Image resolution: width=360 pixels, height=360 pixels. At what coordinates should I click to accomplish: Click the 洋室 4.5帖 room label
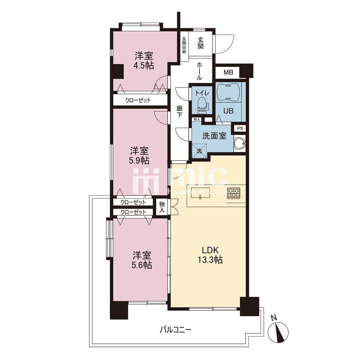click(x=144, y=60)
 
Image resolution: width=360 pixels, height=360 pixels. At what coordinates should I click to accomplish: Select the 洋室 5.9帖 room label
click(x=139, y=156)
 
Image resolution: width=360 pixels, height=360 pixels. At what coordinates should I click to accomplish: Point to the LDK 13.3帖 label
click(x=210, y=255)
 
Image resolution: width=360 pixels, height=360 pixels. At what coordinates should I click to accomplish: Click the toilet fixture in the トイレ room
click(x=202, y=105)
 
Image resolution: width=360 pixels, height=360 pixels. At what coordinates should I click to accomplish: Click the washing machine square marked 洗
click(x=199, y=151)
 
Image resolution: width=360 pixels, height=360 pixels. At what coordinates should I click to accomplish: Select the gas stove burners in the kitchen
click(x=234, y=193)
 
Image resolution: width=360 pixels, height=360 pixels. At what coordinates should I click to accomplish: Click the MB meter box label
click(x=228, y=73)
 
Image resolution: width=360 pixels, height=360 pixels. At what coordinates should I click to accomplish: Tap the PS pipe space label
click(x=240, y=129)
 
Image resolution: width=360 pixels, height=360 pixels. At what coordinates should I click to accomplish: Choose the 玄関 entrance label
click(x=200, y=43)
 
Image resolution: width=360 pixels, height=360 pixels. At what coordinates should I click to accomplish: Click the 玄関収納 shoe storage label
click(x=184, y=45)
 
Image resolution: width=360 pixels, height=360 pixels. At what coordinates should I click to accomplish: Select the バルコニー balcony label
click(x=176, y=330)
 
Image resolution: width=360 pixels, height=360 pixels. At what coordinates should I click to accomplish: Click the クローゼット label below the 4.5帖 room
click(x=138, y=100)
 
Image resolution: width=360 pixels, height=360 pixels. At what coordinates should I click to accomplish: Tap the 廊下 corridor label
click(x=179, y=112)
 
